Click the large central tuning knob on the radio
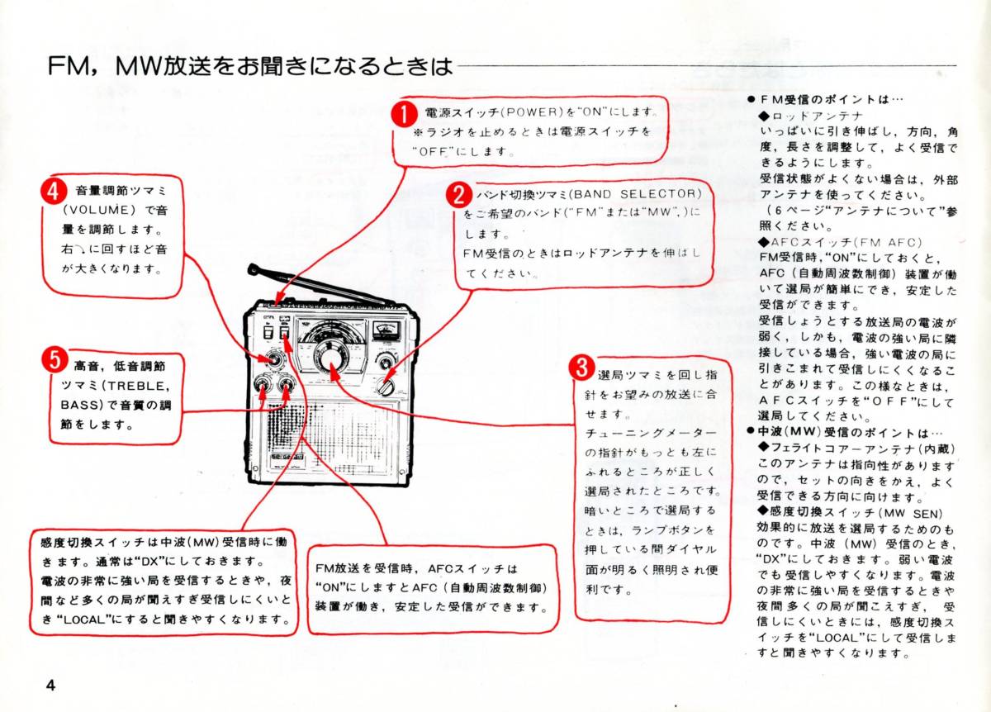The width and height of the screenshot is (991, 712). (330, 357)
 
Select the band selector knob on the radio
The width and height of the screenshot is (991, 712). (386, 386)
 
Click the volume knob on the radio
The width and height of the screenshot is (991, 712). (272, 359)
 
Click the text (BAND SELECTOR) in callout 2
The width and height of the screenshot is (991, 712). (633, 194)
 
